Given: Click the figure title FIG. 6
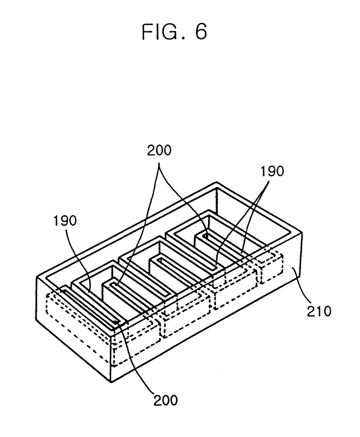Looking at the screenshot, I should (x=174, y=32).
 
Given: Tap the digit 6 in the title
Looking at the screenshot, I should (x=200, y=32).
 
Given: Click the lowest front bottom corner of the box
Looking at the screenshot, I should (x=111, y=382).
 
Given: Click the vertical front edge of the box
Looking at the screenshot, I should (x=111, y=356).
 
